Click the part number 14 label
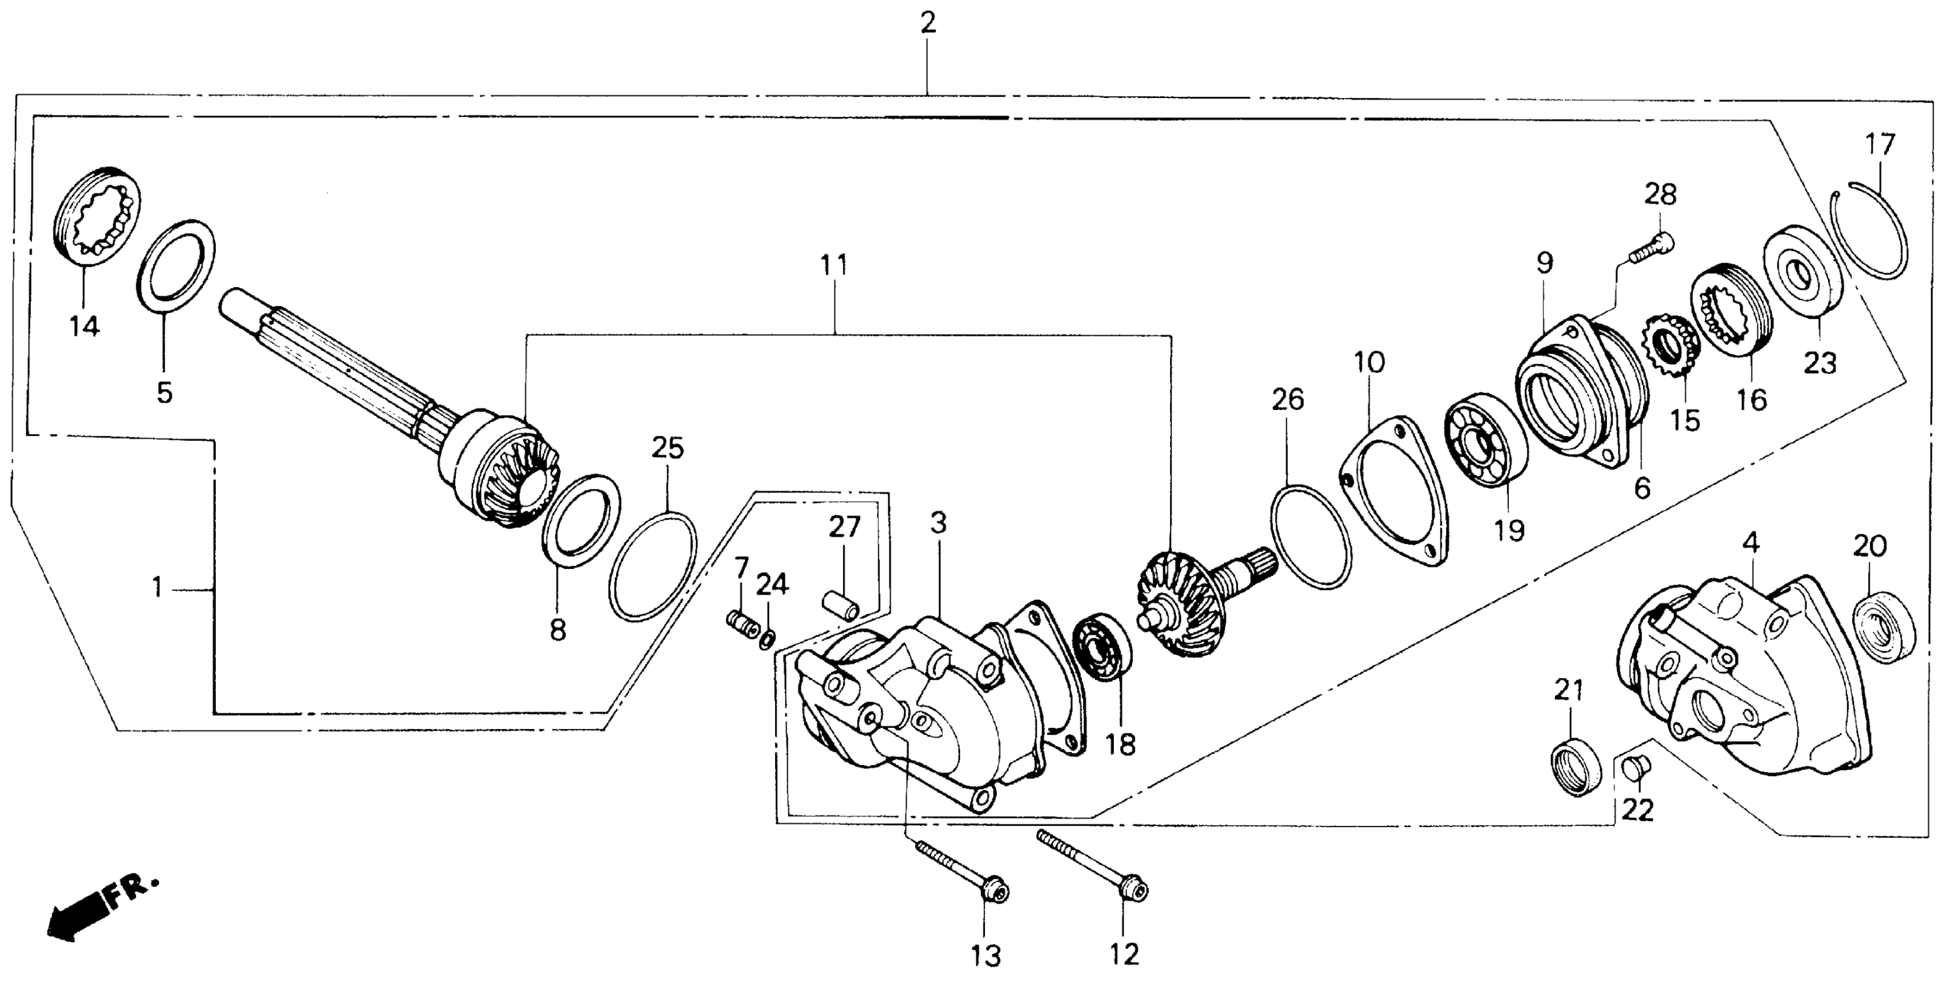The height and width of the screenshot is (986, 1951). coord(84,327)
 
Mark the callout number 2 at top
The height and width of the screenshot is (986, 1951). coord(928,23)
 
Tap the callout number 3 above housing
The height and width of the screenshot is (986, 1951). coord(939,523)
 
